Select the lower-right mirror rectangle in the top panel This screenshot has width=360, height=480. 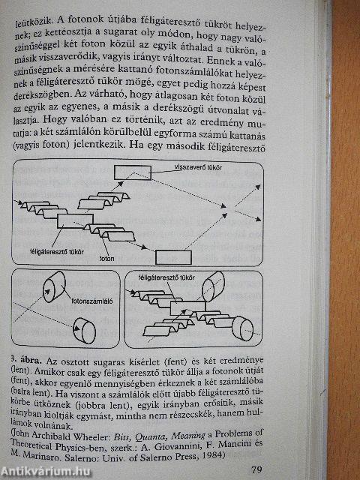pyautogui.click(x=172, y=256)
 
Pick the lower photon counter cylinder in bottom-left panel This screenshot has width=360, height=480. pyautogui.click(x=82, y=328)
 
